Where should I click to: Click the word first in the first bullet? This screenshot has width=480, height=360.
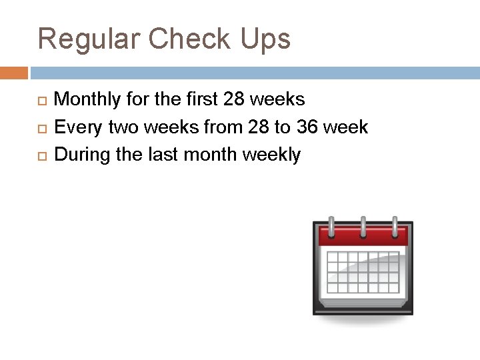pos(200,100)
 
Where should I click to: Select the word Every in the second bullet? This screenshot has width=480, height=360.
pos(75,127)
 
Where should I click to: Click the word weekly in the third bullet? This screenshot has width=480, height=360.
pos(272,155)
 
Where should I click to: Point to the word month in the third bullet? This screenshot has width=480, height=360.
pos(211,155)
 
